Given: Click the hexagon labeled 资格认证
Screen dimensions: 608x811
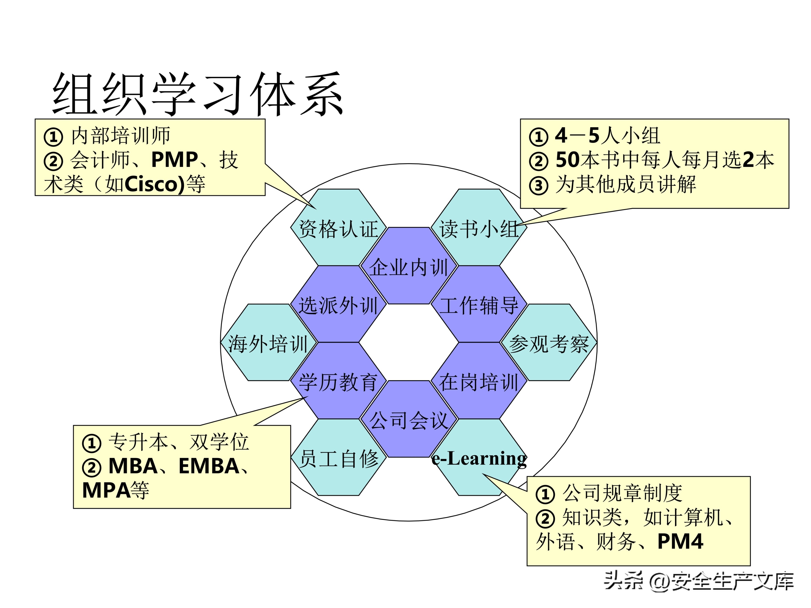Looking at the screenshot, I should click(338, 229).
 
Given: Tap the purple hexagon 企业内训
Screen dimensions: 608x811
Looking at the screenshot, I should click(408, 267).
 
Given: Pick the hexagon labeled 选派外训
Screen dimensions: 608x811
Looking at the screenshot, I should click(338, 305).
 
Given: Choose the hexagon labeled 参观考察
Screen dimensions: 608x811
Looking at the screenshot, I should click(549, 343).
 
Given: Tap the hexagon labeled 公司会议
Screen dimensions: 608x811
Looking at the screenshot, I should click(408, 420).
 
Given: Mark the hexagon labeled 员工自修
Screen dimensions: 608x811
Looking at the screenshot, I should click(338, 458).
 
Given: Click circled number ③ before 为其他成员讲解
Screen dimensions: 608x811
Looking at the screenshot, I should click(538, 185).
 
